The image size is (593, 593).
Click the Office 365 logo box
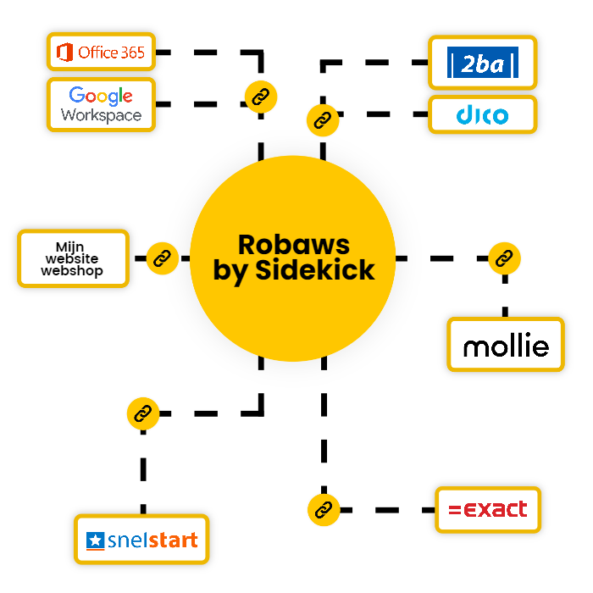pos(102,53)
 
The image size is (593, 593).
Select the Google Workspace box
pos(102,105)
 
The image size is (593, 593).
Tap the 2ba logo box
pos(482,63)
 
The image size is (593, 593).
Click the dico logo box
pos(482,115)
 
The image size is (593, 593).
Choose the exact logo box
pos(488,510)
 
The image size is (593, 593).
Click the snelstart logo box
pos(141,540)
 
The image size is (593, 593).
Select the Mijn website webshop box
pos(73,258)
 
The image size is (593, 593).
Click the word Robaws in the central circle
pos(293,244)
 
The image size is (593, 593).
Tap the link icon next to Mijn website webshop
pos(162,258)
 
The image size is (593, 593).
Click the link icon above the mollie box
pos(505,258)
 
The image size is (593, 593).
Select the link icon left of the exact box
pos(323,510)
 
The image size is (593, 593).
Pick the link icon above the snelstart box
pos(142,413)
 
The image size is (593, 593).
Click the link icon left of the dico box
pos(322,120)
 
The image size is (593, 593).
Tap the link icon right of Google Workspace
pos(260,94)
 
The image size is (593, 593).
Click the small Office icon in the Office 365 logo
pos(64,53)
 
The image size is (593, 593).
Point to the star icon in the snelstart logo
pos(95,540)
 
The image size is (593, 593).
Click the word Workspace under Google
pos(102,115)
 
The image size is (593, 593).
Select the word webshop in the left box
pos(73,271)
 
